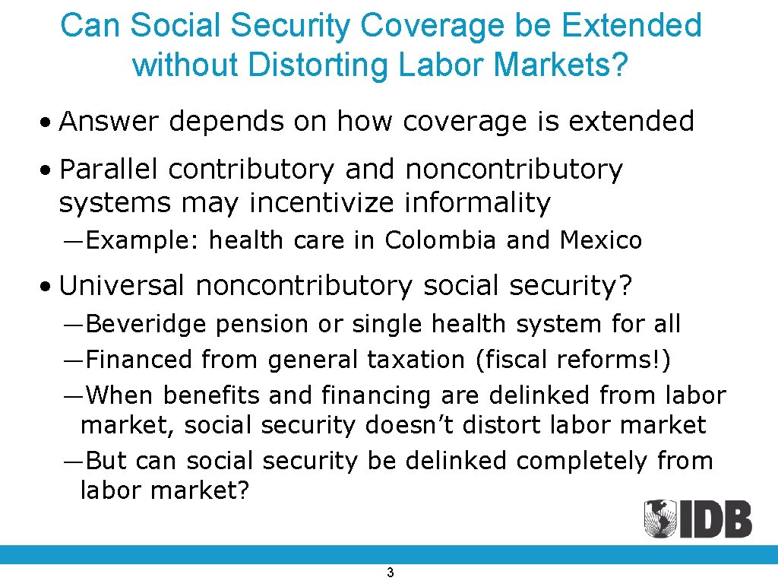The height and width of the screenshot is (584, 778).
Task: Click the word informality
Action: click(x=477, y=203)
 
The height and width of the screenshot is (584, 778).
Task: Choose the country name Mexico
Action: click(x=601, y=241)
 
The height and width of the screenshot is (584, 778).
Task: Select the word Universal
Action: click(x=122, y=286)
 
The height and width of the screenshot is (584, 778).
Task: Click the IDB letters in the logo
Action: click(x=720, y=519)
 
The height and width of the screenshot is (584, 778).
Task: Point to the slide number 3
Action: click(x=390, y=573)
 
